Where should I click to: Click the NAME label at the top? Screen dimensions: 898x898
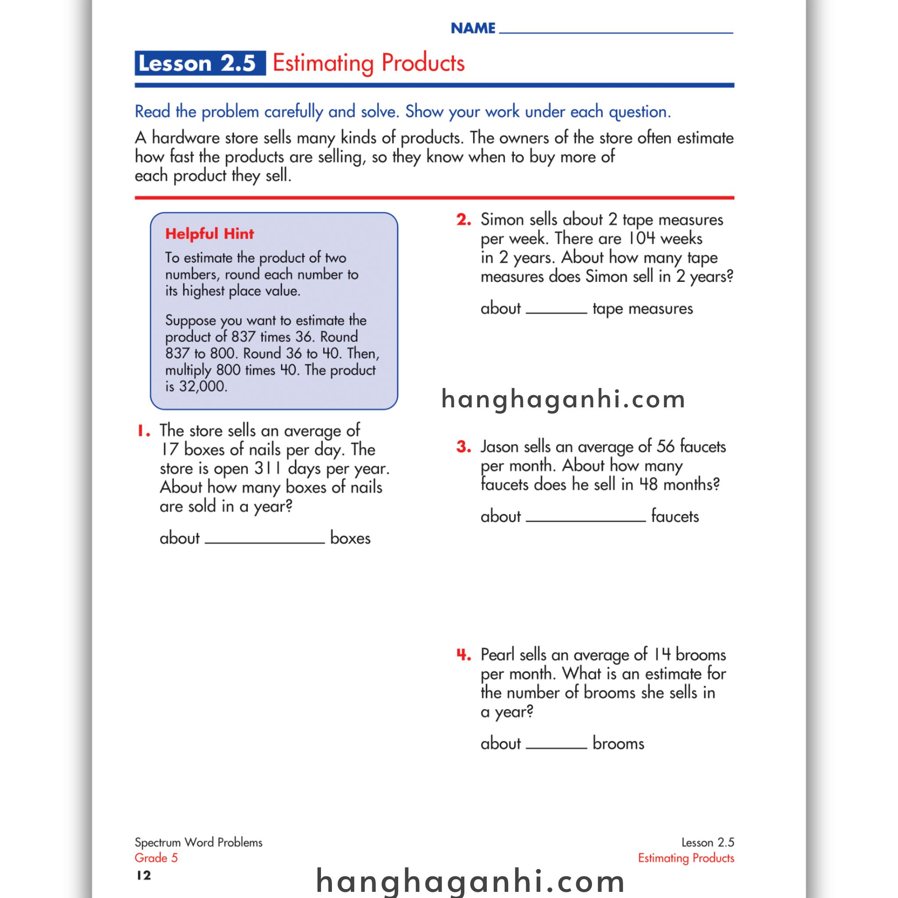pos(473,29)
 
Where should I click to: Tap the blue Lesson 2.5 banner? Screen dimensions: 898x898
pos(200,63)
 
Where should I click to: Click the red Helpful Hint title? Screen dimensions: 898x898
pos(210,233)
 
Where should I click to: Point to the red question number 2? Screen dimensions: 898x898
pos(463,220)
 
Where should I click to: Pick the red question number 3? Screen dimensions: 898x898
pos(463,447)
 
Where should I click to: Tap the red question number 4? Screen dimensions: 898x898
pos(463,655)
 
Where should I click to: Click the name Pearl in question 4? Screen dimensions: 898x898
pos(497,655)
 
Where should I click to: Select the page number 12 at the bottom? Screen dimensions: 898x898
pos(144,876)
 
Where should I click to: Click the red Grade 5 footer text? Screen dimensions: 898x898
pos(156,858)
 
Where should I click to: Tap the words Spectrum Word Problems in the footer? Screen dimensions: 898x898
pos(199,842)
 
